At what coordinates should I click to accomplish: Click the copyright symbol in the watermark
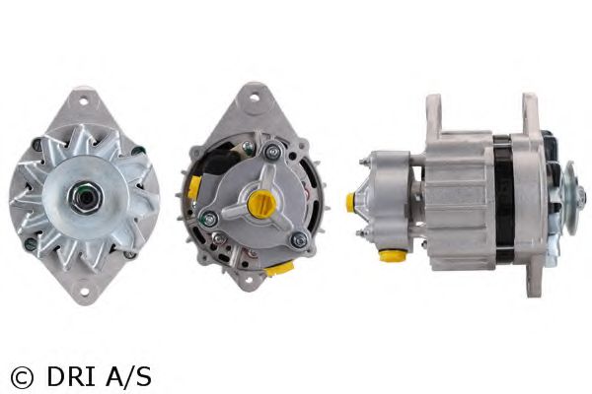[x=22, y=377]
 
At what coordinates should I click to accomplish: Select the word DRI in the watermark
[x=71, y=376]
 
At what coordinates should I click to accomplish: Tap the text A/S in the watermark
[x=128, y=376]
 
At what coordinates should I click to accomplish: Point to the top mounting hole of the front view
[x=84, y=101]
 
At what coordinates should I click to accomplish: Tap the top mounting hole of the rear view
[x=255, y=98]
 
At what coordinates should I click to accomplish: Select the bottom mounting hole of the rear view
[x=249, y=280]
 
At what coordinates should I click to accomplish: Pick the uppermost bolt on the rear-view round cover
[x=272, y=151]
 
